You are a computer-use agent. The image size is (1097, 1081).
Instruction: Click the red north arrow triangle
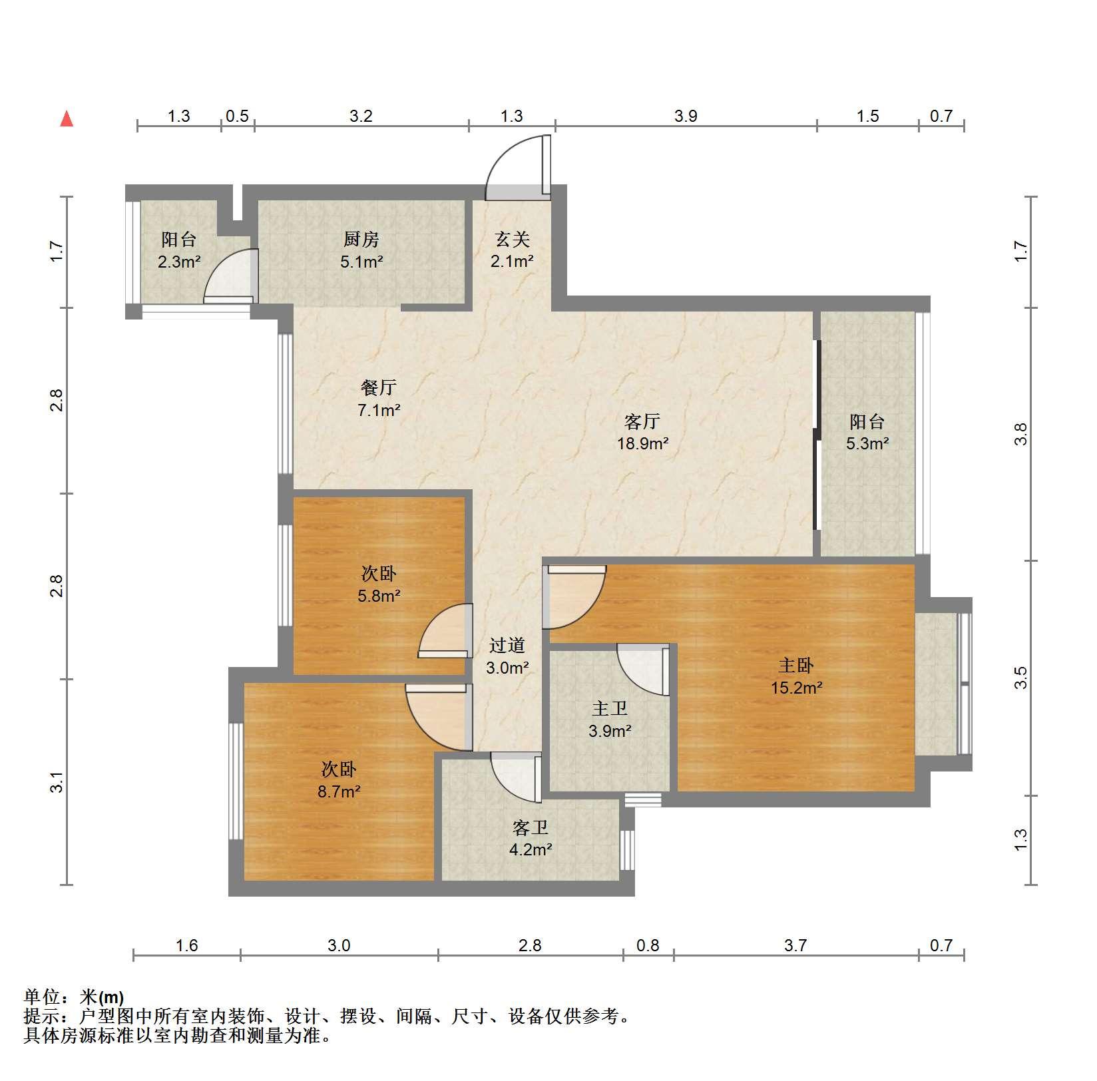coord(67,119)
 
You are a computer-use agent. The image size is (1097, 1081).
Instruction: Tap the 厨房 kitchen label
coord(361,239)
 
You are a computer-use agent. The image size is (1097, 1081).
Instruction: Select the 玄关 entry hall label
coord(512,238)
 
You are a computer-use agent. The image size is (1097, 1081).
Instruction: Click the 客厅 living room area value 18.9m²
coord(642,443)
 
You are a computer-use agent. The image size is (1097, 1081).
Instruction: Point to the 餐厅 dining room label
coord(379,387)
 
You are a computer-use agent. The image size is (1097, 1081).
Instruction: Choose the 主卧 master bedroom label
coord(796,665)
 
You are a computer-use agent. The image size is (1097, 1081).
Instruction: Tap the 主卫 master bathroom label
coord(610,709)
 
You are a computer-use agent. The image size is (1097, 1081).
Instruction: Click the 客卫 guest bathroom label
coord(531,827)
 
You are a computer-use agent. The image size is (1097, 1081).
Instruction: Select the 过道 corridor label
coord(507,645)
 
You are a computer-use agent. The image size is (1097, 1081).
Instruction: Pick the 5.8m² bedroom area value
coord(379,596)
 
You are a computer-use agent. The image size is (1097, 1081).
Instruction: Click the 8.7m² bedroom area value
coord(339,792)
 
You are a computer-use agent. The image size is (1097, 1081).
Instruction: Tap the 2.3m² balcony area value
coord(179,262)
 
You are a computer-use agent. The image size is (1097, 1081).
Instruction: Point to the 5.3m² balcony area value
coord(867,443)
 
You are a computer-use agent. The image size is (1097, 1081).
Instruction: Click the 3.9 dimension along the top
coord(686,116)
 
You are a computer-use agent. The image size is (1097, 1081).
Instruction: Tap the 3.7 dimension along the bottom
coord(795,945)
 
